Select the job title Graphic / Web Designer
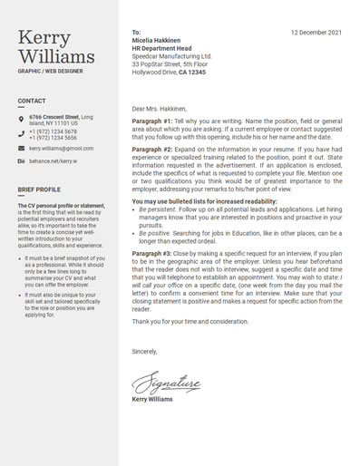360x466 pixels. [x=50, y=71]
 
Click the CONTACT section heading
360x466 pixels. [x=32, y=101]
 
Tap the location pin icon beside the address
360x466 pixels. [x=21, y=119]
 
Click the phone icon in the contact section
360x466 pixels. [x=21, y=133]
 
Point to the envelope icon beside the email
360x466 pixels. [x=21, y=148]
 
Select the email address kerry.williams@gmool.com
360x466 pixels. [x=61, y=148]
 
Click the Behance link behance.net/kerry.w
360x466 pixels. [x=53, y=160]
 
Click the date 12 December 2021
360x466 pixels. [x=316, y=32]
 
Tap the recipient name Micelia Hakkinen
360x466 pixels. [x=156, y=40]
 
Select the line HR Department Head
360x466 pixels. [x=161, y=48]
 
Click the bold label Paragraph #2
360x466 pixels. [x=151, y=148]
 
